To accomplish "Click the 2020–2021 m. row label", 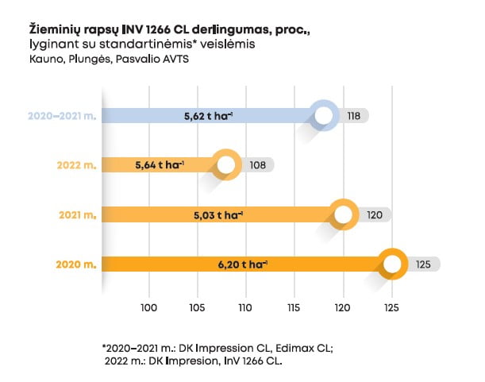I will (x=60, y=117).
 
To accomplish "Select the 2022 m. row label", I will (x=76, y=166).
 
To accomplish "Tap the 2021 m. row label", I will (x=78, y=215).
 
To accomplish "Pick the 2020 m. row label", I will (x=77, y=264).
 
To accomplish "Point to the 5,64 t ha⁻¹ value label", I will (x=160, y=165).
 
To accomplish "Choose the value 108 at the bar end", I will (x=256, y=165).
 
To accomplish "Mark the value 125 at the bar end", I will (x=423, y=264).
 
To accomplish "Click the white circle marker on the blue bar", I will (x=323, y=116).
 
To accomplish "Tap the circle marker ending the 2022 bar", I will (x=226, y=165).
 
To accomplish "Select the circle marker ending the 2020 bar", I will (x=392, y=264).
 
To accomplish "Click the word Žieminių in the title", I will (x=52, y=29).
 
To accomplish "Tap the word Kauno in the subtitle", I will (x=44, y=60).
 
